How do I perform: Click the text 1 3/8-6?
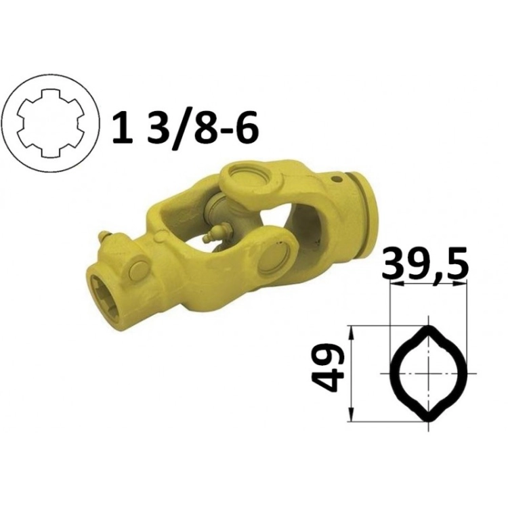(x=186, y=128)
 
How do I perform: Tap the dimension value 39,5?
(x=425, y=263)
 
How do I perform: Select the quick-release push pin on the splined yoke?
(x=137, y=269)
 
